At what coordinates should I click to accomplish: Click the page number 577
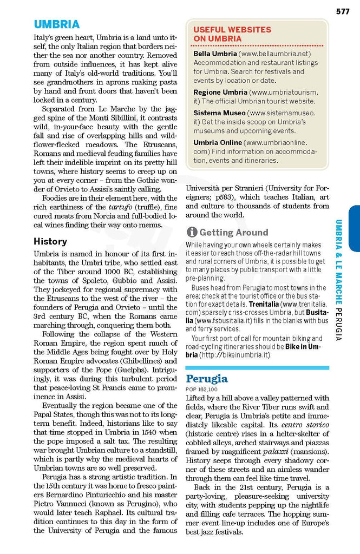click(x=342, y=11)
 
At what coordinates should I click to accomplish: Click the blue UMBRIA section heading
click(x=56, y=24)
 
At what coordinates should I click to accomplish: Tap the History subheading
click(x=50, y=241)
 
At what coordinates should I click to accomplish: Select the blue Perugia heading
click(x=207, y=378)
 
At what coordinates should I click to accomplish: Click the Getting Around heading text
click(x=234, y=233)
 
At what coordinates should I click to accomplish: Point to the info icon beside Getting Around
click(x=192, y=233)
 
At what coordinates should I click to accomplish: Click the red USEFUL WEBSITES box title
click(x=232, y=34)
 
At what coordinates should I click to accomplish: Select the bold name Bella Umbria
click(x=215, y=54)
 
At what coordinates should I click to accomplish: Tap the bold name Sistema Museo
click(x=219, y=113)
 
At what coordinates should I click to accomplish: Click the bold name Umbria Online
click(x=218, y=143)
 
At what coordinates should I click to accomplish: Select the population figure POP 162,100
click(x=201, y=390)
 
